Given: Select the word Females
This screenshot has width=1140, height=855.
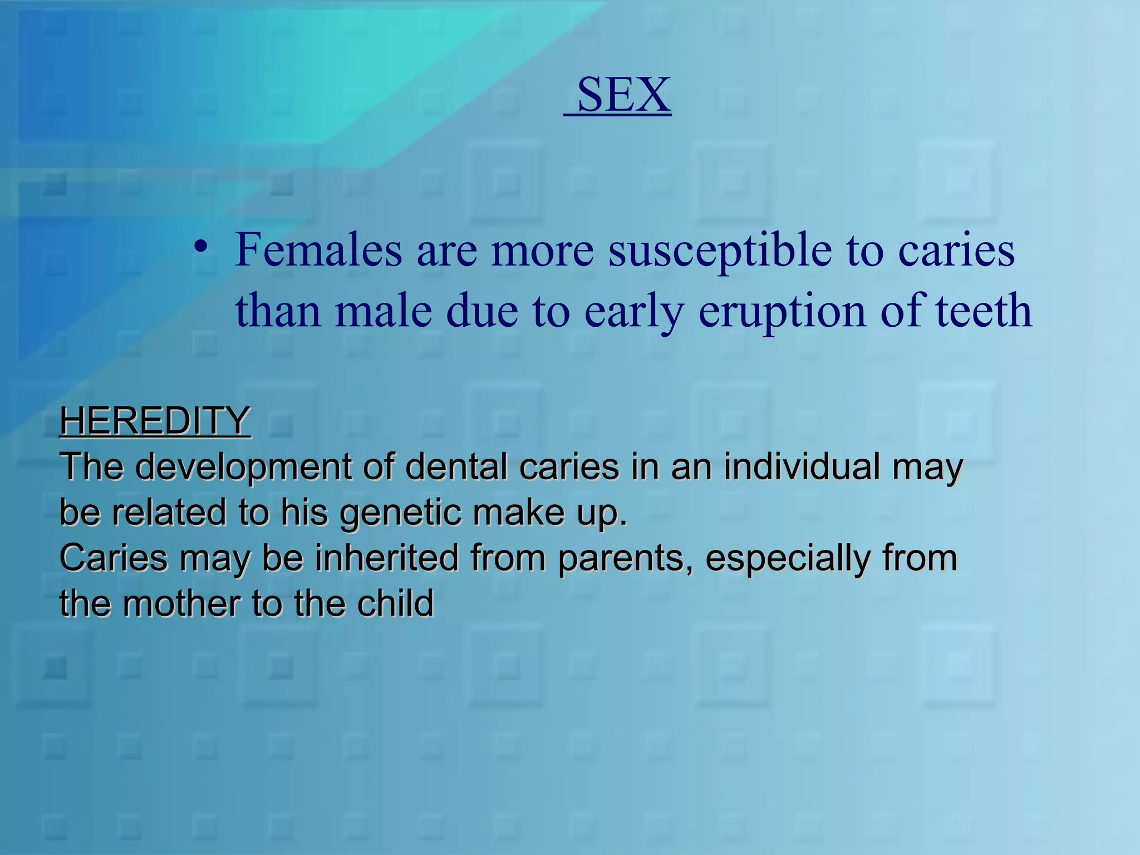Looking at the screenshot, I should coord(318,250).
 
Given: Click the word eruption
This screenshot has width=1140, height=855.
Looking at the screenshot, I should coord(783,311).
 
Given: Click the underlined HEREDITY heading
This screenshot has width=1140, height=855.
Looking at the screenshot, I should coord(155,421).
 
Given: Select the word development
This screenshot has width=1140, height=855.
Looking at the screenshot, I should coord(243,466).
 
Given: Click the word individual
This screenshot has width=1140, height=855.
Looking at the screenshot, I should coord(802,466).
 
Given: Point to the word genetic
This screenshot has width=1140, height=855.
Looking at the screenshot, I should coord(401,512).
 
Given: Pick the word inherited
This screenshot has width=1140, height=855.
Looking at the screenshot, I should coord(387,558).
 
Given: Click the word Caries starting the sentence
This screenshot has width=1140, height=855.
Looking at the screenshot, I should coord(113,558).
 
